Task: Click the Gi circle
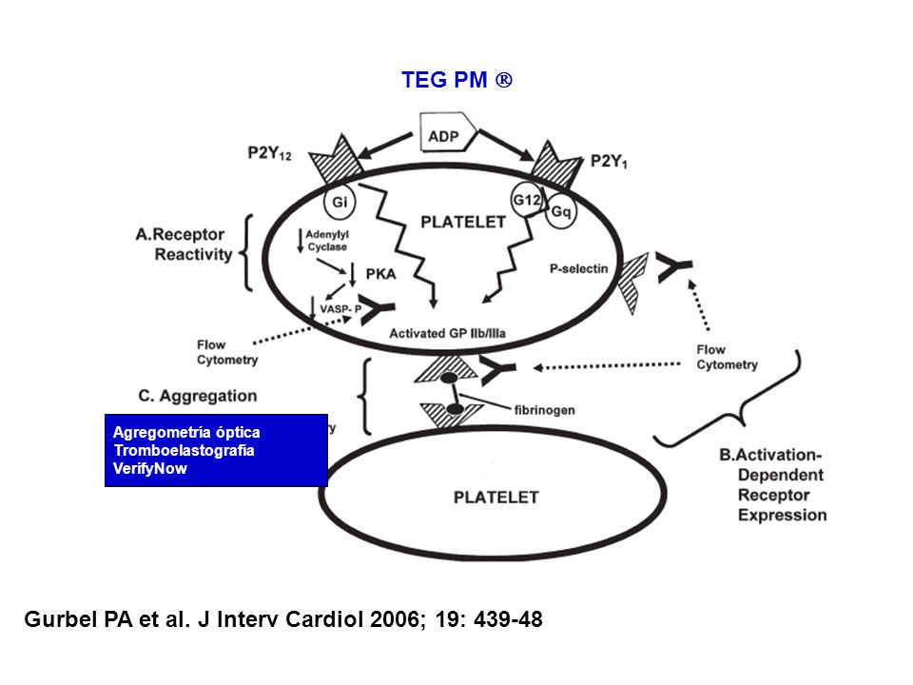point(340,202)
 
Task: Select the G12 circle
point(527,200)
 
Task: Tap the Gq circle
point(561,211)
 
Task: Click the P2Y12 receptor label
point(269,153)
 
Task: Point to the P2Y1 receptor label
point(609,162)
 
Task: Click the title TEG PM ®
point(457,80)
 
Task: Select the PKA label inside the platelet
point(380,274)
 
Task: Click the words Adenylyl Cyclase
point(327,241)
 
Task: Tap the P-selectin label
point(579,268)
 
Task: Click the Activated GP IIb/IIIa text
point(447,333)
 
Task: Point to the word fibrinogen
point(544,410)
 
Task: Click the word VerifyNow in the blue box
point(150,468)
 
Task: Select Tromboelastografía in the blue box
point(184,450)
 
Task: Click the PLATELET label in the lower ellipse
point(496,498)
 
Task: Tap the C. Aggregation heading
point(198,396)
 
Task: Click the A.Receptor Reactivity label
point(184,245)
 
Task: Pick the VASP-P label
point(340,309)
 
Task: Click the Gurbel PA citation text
point(283,619)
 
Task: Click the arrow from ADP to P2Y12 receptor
point(385,146)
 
